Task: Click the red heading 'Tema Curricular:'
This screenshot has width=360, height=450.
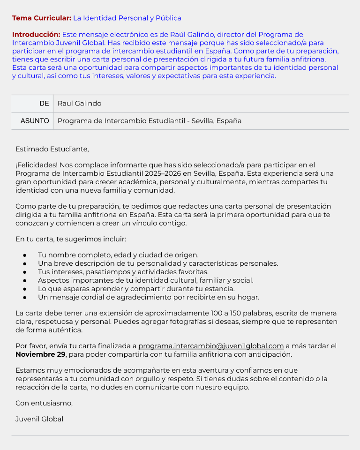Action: click(41, 18)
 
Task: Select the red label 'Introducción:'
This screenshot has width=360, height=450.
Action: click(36, 35)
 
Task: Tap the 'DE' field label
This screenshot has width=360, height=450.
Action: click(44, 104)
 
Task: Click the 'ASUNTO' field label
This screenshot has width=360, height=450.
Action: click(35, 121)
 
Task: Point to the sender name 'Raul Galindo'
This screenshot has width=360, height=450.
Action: click(79, 104)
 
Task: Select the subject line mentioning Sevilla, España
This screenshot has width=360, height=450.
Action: click(150, 121)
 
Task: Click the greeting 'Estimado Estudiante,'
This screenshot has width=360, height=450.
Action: click(52, 149)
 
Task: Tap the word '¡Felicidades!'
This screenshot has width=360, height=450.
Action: click(37, 165)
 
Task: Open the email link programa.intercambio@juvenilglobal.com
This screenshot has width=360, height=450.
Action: click(211, 346)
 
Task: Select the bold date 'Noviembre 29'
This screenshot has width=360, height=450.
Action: click(40, 354)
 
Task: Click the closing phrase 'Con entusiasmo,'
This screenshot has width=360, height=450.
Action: click(44, 403)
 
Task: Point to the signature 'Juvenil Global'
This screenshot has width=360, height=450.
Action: click(39, 419)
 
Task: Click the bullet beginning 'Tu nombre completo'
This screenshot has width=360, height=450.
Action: click(118, 255)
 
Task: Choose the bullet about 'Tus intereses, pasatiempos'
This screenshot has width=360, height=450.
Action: click(123, 272)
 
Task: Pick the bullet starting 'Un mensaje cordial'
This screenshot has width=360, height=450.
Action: click(149, 297)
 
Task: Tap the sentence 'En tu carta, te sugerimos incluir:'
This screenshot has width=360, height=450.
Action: click(71, 239)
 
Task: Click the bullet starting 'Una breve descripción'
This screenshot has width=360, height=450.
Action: click(158, 263)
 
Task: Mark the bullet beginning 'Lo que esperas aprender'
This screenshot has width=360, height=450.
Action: click(136, 289)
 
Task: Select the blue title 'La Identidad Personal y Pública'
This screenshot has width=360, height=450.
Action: click(127, 18)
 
